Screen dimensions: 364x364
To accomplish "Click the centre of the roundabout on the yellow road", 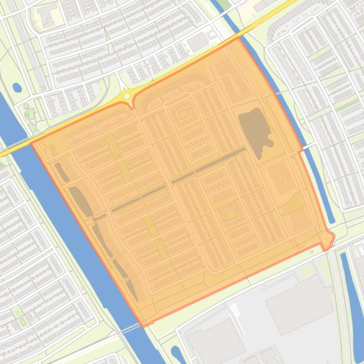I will (127, 96).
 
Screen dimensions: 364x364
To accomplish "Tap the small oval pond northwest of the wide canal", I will (17, 87).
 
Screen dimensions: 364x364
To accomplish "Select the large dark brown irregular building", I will (256, 131).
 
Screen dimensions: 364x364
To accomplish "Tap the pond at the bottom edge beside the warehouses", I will (176, 354).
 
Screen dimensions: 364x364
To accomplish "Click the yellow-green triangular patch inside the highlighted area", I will (295, 203).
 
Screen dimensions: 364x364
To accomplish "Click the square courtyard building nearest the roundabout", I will (184, 113).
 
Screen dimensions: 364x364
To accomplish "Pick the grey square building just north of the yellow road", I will (198, 43).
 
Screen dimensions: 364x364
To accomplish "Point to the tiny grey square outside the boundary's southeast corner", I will (312, 252).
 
